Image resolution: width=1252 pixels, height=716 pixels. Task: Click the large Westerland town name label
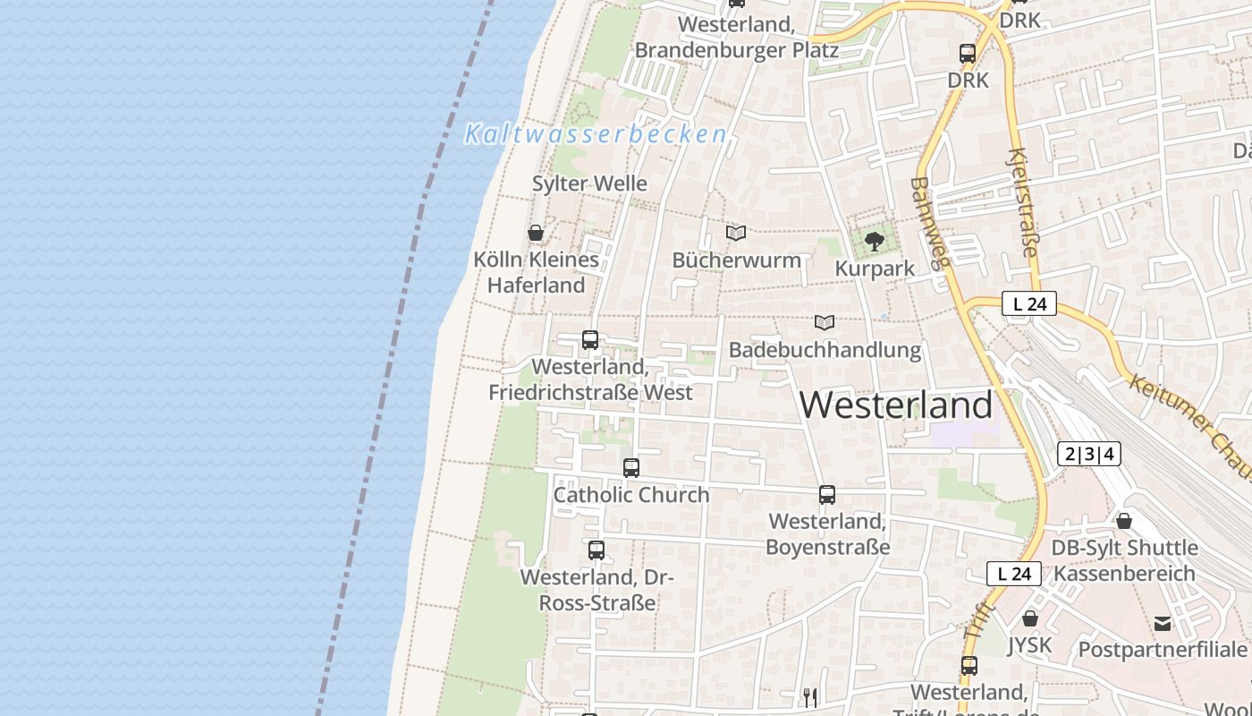(895, 405)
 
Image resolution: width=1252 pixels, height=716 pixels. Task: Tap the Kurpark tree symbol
(874, 242)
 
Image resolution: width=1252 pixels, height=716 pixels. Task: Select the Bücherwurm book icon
(736, 233)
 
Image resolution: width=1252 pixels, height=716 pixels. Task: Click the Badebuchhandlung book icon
(825, 322)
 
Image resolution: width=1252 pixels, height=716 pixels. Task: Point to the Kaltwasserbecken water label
(595, 135)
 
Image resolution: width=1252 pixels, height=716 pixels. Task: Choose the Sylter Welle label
(589, 183)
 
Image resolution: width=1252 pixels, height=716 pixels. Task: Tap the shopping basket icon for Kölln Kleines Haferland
(536, 234)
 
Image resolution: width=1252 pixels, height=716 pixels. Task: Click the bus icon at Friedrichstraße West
(589, 340)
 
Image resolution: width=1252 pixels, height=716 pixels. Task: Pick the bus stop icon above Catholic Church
(631, 467)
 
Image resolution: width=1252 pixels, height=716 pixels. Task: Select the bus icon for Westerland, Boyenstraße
(827, 495)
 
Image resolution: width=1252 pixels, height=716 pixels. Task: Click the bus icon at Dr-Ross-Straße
(596, 550)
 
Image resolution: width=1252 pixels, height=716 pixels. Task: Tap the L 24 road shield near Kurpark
(1029, 304)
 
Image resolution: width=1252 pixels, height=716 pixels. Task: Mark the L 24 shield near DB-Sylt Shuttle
(1014, 574)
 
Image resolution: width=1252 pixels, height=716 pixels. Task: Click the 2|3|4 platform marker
(1088, 454)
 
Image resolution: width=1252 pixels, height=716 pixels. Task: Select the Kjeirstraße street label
(1025, 202)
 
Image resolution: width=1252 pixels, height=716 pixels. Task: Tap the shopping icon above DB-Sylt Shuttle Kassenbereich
(1124, 520)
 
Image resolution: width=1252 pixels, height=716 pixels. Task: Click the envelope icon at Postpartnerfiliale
(1163, 623)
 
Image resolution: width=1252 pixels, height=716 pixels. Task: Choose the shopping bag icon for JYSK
(1030, 618)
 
